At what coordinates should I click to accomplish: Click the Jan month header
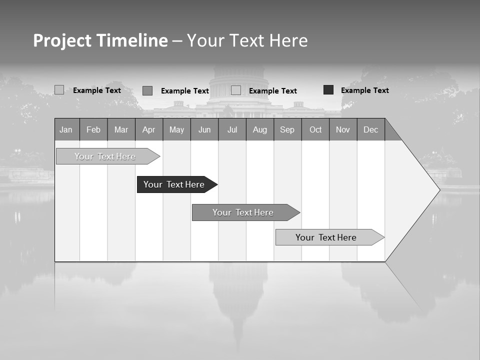click(66, 129)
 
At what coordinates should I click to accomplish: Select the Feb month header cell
click(93, 129)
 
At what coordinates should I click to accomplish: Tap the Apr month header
click(148, 129)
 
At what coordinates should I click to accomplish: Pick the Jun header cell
click(204, 129)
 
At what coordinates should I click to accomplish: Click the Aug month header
click(260, 129)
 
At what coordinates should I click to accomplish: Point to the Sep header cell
click(287, 129)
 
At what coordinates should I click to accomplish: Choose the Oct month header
click(315, 129)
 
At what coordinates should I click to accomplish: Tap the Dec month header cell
click(371, 129)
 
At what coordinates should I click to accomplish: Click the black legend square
click(328, 90)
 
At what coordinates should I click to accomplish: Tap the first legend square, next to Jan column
click(59, 90)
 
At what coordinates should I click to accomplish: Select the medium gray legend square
click(147, 90)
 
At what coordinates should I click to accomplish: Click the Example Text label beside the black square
click(364, 90)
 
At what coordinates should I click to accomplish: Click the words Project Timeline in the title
click(100, 40)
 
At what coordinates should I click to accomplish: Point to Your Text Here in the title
click(247, 40)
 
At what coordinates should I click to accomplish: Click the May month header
click(176, 129)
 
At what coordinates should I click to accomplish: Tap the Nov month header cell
click(343, 129)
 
